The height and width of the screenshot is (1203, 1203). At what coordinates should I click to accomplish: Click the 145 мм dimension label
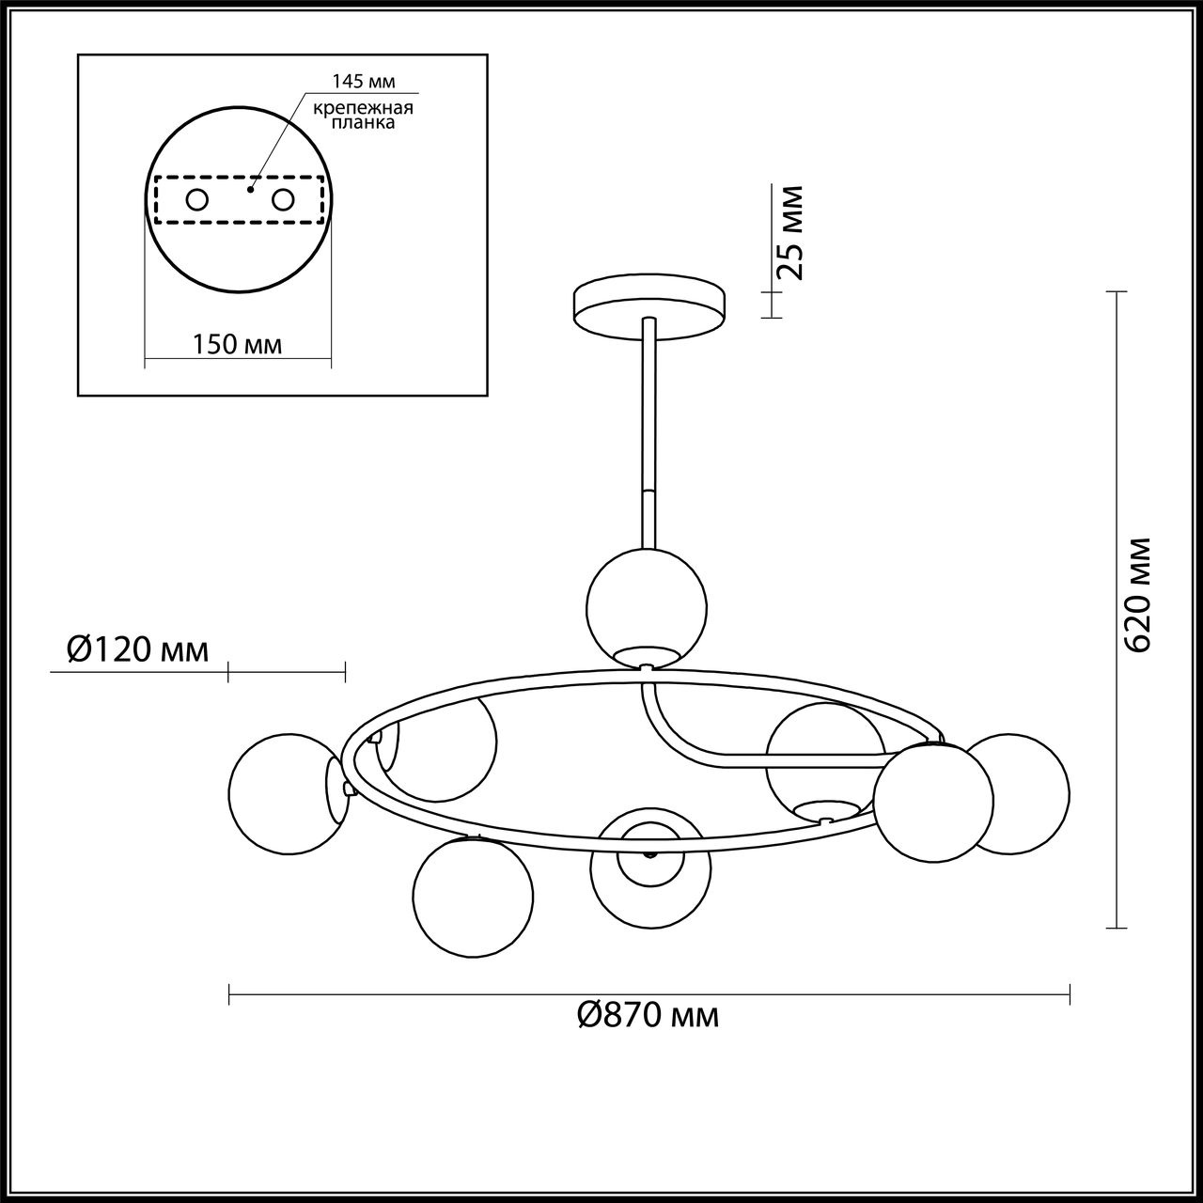click(x=364, y=81)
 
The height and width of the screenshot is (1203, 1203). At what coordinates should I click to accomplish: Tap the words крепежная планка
click(x=363, y=116)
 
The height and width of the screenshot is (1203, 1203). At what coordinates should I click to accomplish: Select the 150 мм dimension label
click(x=237, y=344)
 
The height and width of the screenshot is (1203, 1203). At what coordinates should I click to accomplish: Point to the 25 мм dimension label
click(x=789, y=231)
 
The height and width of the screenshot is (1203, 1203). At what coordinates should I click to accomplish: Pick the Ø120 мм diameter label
click(x=137, y=650)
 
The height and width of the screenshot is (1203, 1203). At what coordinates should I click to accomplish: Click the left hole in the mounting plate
click(x=197, y=200)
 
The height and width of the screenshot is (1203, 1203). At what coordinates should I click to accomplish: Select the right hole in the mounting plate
click(x=283, y=200)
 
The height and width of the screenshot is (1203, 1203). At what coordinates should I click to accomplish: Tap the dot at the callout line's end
click(x=250, y=189)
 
